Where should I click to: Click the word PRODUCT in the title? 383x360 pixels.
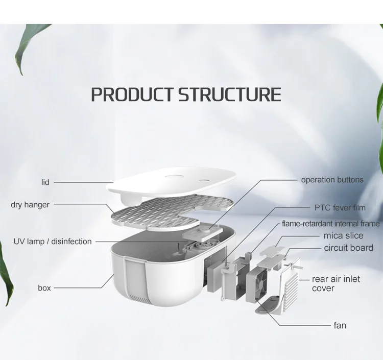[x=133, y=94]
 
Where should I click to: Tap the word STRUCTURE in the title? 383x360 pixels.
[x=229, y=94]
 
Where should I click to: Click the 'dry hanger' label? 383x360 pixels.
[x=30, y=205]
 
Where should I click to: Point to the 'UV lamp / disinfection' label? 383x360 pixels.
[x=53, y=241]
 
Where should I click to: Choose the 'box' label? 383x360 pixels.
[x=44, y=288]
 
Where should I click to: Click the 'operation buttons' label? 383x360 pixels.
[x=332, y=180]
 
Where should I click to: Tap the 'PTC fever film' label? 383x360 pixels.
[x=339, y=208]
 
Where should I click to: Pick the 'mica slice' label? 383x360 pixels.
[x=343, y=235]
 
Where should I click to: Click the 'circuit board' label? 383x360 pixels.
[x=348, y=248]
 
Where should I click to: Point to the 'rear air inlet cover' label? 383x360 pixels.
[x=336, y=283]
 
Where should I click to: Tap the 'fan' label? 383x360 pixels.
[x=340, y=325]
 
